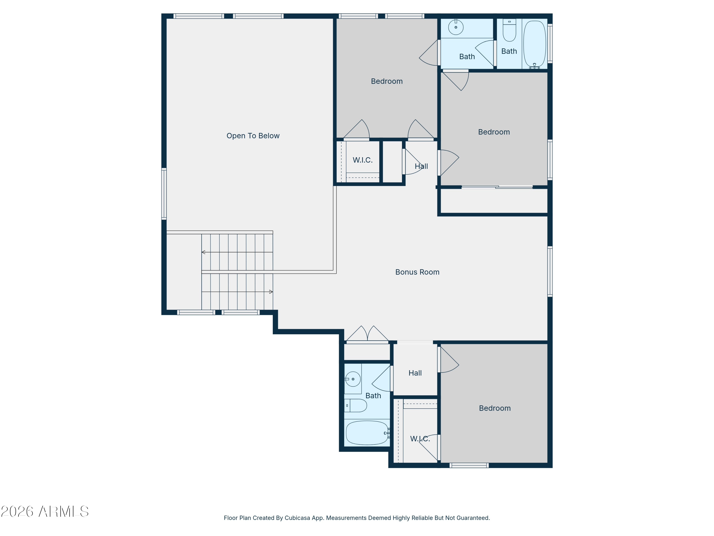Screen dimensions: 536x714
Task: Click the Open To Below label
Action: (x=253, y=136)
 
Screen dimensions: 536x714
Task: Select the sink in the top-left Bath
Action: (x=456, y=27)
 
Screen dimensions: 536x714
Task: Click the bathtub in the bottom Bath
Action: (x=367, y=433)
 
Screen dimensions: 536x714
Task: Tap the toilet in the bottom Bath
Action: (x=357, y=405)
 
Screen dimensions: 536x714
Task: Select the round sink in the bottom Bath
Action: (x=353, y=379)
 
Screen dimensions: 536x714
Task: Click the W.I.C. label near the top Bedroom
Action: (x=362, y=160)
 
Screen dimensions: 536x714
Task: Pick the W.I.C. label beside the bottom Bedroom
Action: (x=420, y=439)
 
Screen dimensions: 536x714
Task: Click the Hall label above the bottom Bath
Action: (x=415, y=373)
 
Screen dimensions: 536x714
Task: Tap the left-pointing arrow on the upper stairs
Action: (x=203, y=252)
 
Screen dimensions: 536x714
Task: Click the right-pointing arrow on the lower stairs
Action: (x=271, y=292)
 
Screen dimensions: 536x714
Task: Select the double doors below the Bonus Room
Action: (x=367, y=335)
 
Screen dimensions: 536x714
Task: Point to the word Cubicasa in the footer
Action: (x=297, y=518)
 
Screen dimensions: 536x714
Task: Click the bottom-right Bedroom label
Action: (x=495, y=408)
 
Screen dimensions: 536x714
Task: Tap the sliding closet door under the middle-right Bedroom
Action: (x=497, y=187)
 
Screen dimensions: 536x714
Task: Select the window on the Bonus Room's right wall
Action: (x=550, y=271)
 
